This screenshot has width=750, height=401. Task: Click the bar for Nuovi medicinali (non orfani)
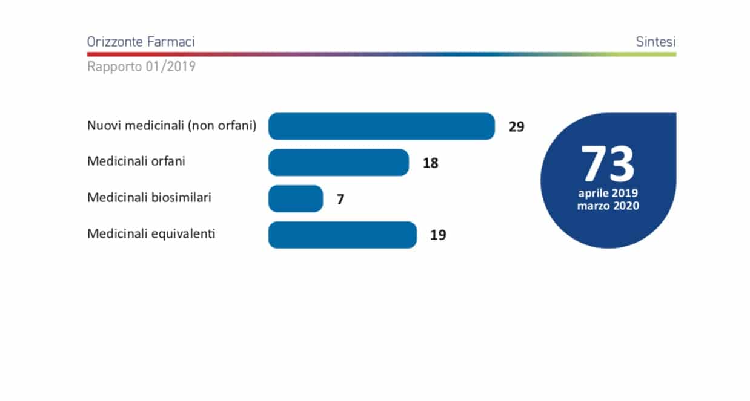(382, 126)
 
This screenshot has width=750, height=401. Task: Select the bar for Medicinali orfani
(338, 163)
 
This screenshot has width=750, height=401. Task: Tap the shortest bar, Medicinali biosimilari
(295, 199)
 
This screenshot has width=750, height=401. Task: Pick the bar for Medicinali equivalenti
(342, 235)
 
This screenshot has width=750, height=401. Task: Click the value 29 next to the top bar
(516, 127)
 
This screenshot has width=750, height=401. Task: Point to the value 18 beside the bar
(430, 163)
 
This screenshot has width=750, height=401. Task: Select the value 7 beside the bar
(340, 199)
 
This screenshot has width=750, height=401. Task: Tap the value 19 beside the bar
(438, 235)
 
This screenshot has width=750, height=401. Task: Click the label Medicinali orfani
(136, 161)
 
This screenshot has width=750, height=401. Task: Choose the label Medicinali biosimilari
(149, 197)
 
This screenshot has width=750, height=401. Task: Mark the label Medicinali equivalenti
(151, 233)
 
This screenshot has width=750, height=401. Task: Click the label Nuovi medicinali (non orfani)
(172, 126)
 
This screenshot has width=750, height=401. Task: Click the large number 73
(608, 164)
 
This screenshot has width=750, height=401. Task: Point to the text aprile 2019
(608, 194)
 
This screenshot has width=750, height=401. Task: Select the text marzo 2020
(608, 206)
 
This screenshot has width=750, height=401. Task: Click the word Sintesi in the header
(655, 42)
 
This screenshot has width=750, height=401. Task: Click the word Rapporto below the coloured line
(114, 67)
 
